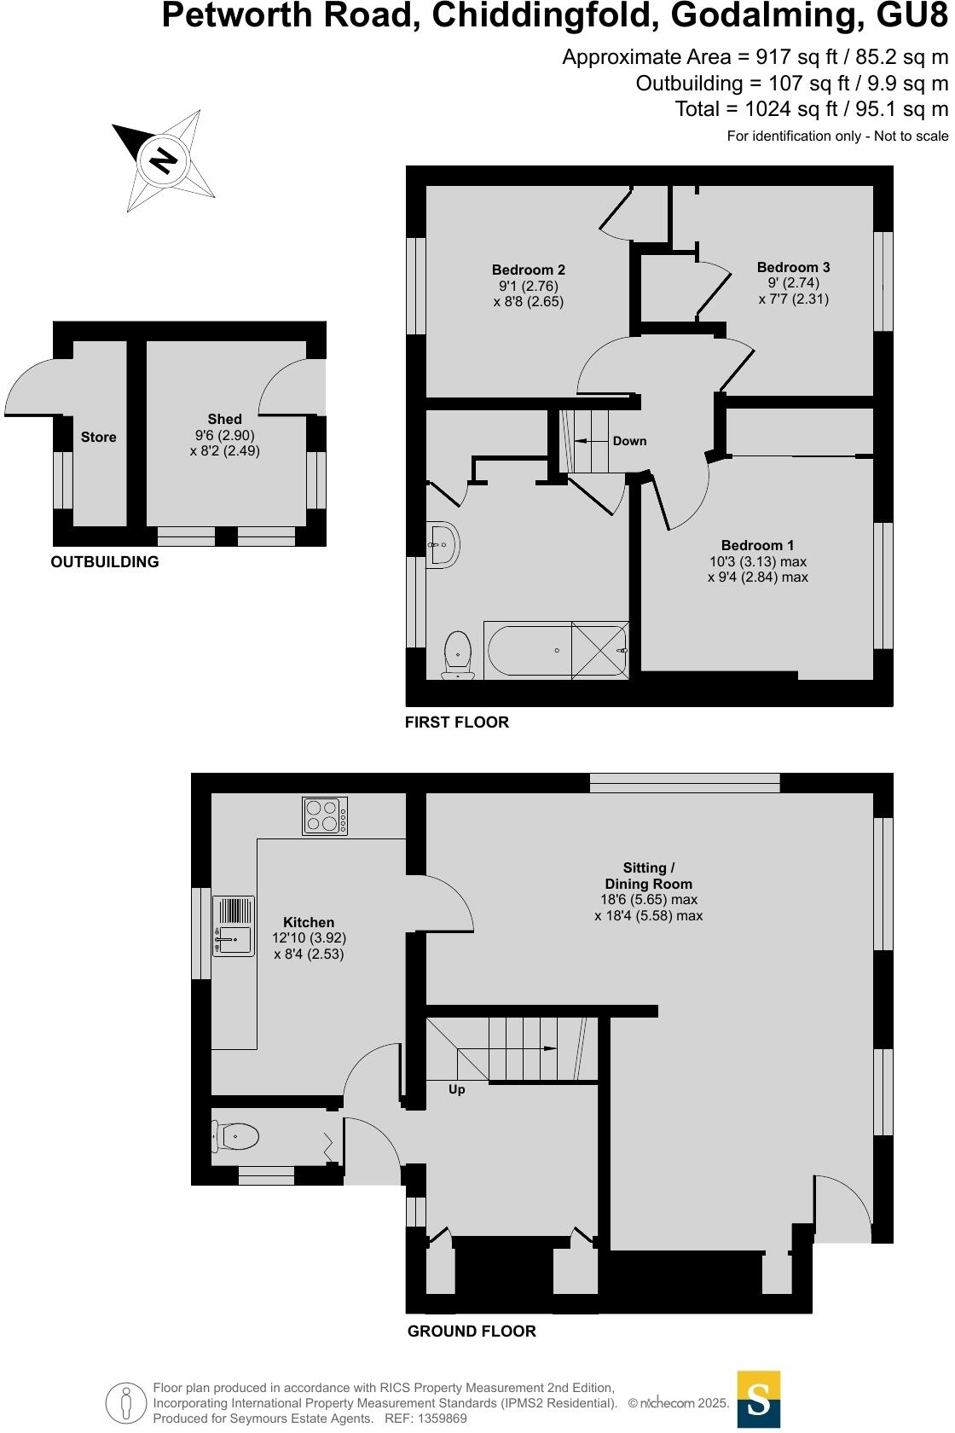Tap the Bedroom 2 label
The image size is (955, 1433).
pyautogui.click(x=529, y=270)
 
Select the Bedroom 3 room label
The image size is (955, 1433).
pyautogui.click(x=793, y=268)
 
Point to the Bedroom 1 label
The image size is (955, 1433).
pyautogui.click(x=757, y=546)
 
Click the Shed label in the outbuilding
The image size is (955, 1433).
pyautogui.click(x=224, y=420)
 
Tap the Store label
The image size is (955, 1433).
pyautogui.click(x=99, y=438)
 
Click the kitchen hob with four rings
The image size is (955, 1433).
pyautogui.click(x=325, y=816)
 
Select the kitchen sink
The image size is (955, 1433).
pyautogui.click(x=234, y=925)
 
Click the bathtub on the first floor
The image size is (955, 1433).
pyautogui.click(x=557, y=651)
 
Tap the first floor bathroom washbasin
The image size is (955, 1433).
pyautogui.click(x=443, y=543)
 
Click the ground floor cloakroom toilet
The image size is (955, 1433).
pyautogui.click(x=236, y=1136)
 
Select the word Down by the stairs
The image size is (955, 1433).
pyautogui.click(x=629, y=441)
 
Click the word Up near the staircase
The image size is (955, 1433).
pyautogui.click(x=457, y=1090)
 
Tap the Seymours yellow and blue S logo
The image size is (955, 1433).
pyautogui.click(x=758, y=1399)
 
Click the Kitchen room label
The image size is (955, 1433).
pyautogui.click(x=309, y=923)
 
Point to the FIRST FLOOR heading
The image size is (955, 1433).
pyautogui.click(x=457, y=722)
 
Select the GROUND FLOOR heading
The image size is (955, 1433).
pyautogui.click(x=472, y=1331)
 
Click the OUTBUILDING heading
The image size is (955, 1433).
pyautogui.click(x=105, y=562)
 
